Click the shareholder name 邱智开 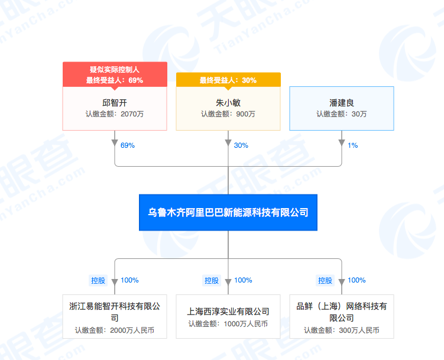115,102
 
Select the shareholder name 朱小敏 228,102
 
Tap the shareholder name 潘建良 342,102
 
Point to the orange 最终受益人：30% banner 228,80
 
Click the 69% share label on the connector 128,145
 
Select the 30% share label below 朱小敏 241,145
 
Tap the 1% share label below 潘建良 353,145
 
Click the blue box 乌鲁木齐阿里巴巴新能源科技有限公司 228,212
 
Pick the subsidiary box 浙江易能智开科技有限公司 115,316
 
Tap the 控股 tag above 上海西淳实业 212,280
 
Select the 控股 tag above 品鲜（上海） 325,280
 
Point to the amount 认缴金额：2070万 115,114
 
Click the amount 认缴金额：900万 228,114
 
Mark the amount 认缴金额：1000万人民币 228,324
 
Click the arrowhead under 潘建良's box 342,144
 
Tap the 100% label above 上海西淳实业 244,280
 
